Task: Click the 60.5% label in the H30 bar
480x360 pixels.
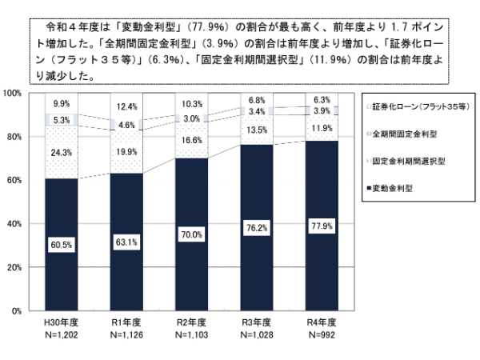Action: tap(61, 243)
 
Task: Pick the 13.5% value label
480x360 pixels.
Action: tap(256, 130)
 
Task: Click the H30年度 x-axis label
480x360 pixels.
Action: tap(61, 322)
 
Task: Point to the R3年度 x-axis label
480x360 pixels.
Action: tap(256, 322)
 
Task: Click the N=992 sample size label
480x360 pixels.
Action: tap(321, 334)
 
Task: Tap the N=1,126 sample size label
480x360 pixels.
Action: tap(126, 334)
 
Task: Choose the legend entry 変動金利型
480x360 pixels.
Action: tap(400, 189)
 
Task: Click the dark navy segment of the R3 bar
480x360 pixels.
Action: tap(256, 264)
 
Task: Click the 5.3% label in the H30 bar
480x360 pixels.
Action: tap(61, 121)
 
